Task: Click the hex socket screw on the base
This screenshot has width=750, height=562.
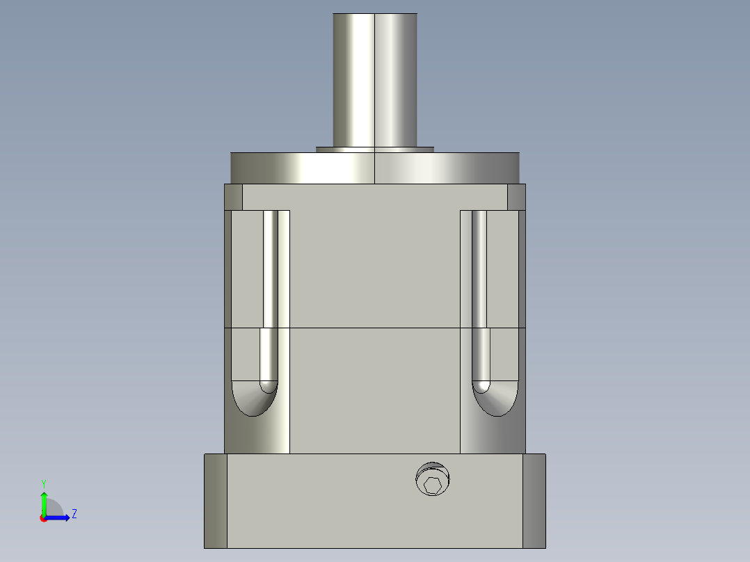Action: click(x=433, y=479)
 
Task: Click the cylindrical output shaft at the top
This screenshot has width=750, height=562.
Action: click(x=375, y=81)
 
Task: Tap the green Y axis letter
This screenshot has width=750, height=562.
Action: click(x=44, y=484)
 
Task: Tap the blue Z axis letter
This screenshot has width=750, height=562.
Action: click(x=74, y=514)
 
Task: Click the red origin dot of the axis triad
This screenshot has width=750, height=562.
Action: click(x=44, y=518)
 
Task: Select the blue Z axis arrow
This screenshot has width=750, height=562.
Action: click(x=57, y=518)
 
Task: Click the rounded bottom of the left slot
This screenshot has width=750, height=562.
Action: click(x=255, y=399)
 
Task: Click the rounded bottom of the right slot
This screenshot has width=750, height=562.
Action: click(x=495, y=399)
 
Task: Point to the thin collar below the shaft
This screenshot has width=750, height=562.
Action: click(x=375, y=150)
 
